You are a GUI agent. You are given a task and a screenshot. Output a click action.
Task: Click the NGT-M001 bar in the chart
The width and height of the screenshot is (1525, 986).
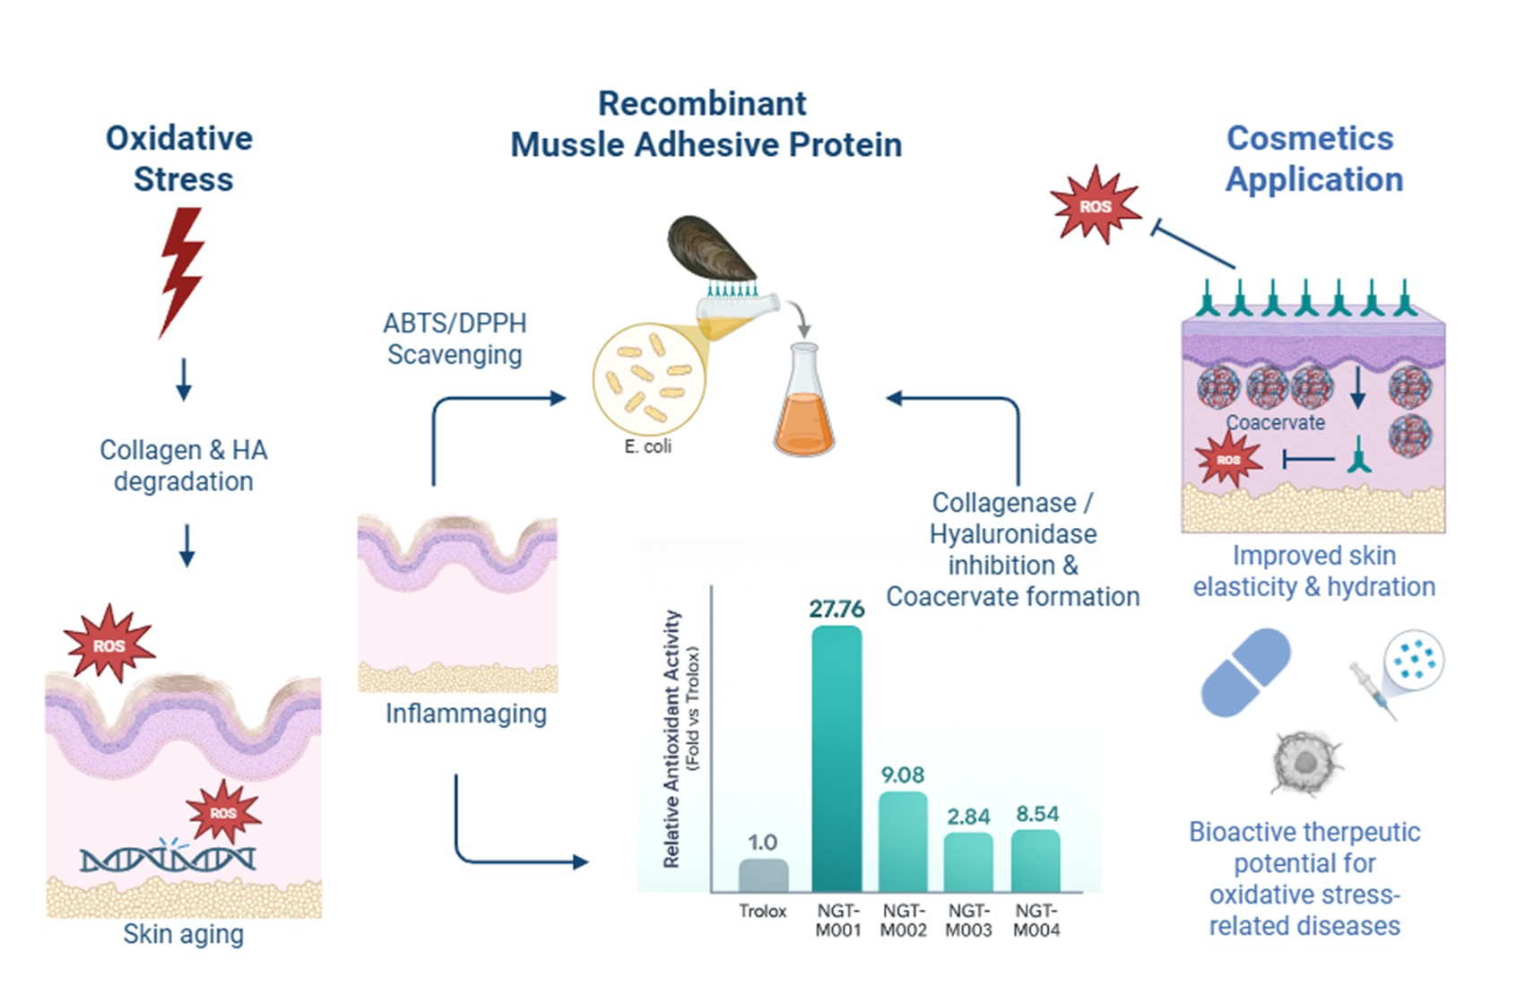pyautogui.click(x=836, y=757)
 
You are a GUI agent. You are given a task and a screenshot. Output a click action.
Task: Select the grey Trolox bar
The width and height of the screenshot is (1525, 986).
pyautogui.click(x=763, y=875)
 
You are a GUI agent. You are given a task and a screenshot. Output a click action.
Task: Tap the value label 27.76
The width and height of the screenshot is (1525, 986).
pyautogui.click(x=836, y=610)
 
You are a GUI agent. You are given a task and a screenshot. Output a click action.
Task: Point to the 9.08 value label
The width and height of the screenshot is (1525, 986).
pyautogui.click(x=902, y=774)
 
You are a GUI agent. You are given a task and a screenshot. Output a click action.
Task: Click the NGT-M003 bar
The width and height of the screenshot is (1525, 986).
pyautogui.click(x=968, y=861)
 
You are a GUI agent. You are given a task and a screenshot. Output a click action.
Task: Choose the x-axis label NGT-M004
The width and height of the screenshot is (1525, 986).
pyautogui.click(x=1036, y=921)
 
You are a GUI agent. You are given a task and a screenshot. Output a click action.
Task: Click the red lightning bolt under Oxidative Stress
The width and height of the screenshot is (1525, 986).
pyautogui.click(x=182, y=269)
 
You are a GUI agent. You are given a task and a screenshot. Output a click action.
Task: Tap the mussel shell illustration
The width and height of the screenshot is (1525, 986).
pyautogui.click(x=710, y=248)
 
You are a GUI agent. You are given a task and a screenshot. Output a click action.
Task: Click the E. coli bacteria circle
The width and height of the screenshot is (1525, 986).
pyautogui.click(x=648, y=379)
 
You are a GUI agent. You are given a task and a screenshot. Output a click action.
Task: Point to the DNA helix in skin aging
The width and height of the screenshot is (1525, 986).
pyautogui.click(x=168, y=859)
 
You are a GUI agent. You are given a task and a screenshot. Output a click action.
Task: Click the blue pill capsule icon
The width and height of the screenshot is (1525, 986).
pyautogui.click(x=1245, y=671)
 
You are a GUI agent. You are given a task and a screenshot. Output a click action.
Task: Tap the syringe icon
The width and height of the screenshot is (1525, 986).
pyautogui.click(x=1373, y=690)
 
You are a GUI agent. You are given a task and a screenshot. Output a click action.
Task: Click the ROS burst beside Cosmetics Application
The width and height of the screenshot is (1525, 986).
pyautogui.click(x=1095, y=206)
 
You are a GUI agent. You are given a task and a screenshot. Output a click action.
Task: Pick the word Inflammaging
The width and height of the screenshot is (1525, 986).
pyautogui.click(x=465, y=714)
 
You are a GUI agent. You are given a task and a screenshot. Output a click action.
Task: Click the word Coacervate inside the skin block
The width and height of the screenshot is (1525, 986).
pyautogui.click(x=1275, y=422)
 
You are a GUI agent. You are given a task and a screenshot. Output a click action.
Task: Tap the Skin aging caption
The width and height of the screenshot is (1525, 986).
pyautogui.click(x=183, y=934)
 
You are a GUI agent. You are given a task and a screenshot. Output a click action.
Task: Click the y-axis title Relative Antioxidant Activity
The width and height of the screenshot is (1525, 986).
pyautogui.click(x=672, y=739)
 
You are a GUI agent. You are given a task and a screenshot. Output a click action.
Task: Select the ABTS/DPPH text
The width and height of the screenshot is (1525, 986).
pyautogui.click(x=455, y=323)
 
